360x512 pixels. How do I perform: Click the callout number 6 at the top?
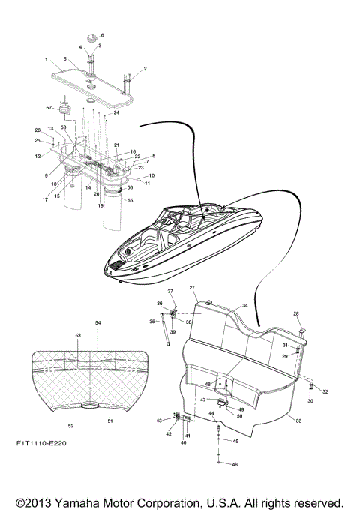(103, 35)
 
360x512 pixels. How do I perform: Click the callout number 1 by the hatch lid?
(46, 59)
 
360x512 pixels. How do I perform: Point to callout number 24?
(116, 113)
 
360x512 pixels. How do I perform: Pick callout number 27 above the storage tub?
(192, 288)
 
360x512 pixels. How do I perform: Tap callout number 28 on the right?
(295, 313)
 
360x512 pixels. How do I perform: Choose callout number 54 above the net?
(97, 322)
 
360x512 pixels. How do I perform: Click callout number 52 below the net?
(71, 426)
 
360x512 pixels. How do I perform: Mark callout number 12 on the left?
(37, 156)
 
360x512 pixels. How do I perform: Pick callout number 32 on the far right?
(325, 392)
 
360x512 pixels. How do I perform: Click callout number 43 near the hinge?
(159, 421)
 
